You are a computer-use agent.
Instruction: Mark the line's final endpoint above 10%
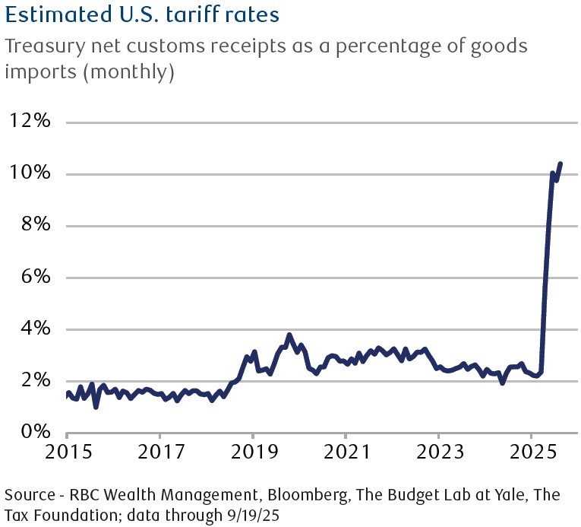[x=560, y=163]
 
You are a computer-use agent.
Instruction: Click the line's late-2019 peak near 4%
[x=289, y=335]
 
